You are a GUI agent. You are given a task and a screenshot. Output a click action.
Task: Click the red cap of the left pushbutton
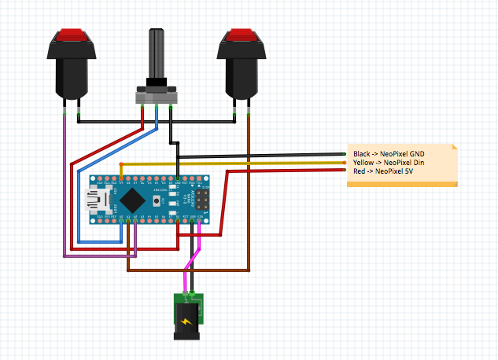72,34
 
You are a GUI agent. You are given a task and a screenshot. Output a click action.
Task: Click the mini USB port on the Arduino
98,201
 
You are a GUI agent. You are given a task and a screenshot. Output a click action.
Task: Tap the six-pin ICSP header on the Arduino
201,202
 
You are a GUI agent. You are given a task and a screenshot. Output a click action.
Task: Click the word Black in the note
362,154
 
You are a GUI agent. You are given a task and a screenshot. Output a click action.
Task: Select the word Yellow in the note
363,162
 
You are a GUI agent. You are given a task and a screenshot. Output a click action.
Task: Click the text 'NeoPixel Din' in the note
402,162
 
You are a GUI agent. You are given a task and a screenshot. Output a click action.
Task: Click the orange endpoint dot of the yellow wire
346,162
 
